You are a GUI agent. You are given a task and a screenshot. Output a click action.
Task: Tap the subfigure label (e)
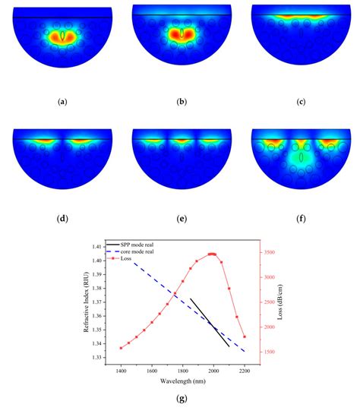(x=180, y=219)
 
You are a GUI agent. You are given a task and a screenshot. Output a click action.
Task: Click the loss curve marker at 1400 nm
(x=122, y=348)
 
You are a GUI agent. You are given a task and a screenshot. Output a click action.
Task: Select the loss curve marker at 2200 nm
(x=245, y=337)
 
